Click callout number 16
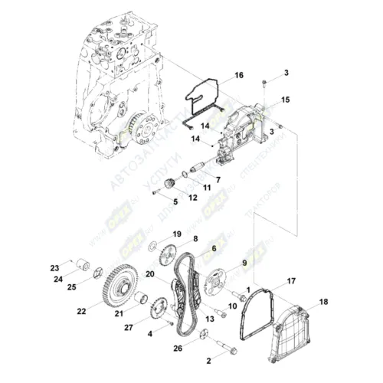238,75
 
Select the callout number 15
285,100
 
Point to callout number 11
206,187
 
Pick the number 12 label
193,197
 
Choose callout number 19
176,233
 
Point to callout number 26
177,349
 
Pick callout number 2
208,359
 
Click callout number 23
54,267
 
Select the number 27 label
128,328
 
